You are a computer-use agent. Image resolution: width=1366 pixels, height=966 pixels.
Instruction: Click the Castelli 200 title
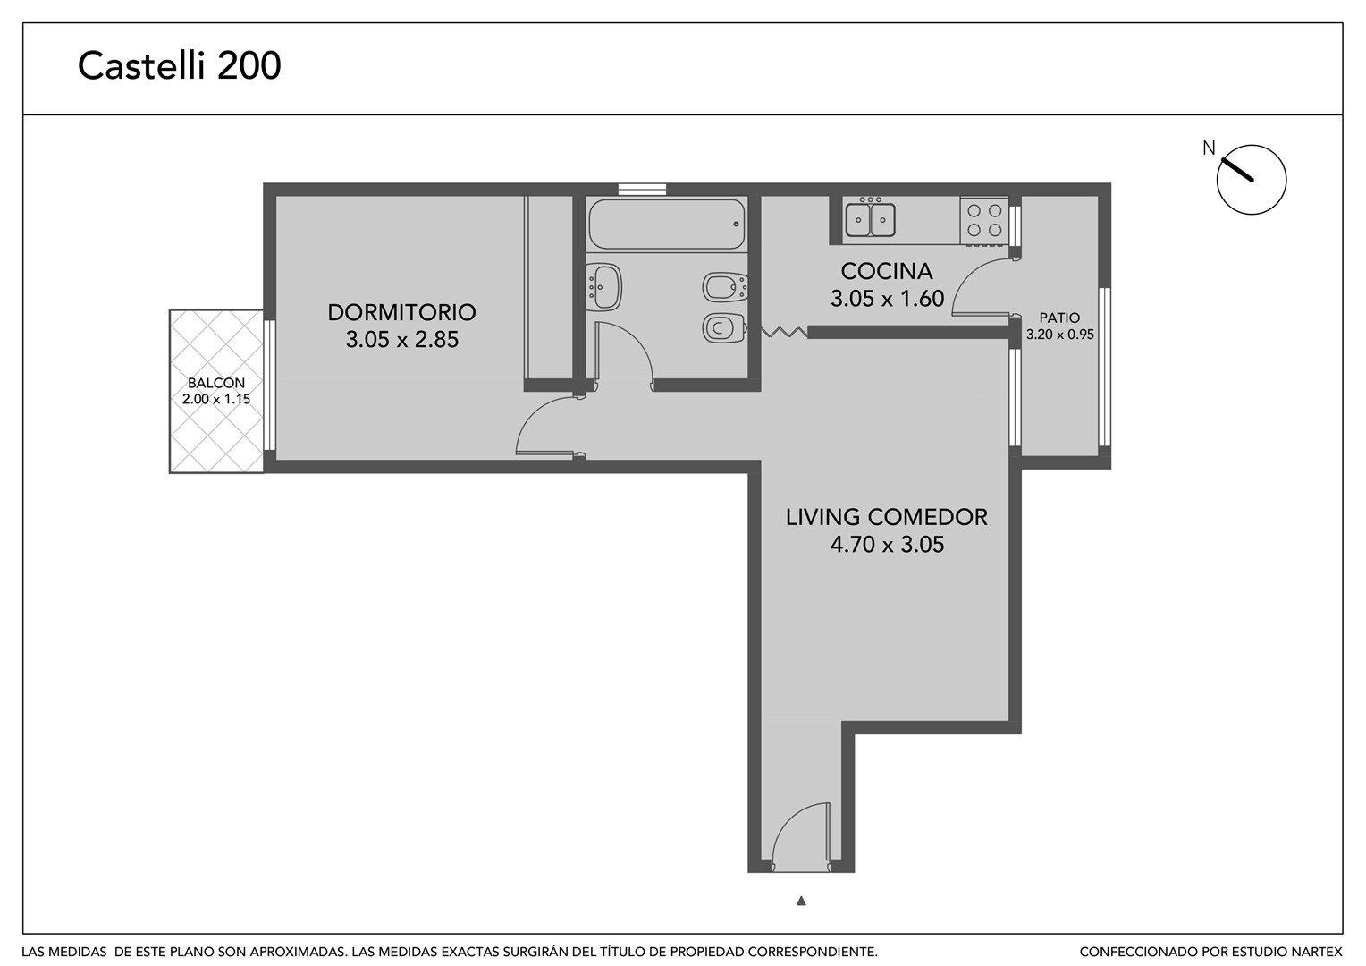[x=180, y=65]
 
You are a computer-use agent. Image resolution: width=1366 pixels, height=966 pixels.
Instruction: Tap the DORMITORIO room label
[x=401, y=312]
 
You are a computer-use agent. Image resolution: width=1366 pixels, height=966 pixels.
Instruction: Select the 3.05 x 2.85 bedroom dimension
[x=402, y=339]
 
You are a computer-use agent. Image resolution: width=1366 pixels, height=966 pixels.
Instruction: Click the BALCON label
[x=215, y=383]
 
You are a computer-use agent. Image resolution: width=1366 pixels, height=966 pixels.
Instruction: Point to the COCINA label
[x=887, y=271]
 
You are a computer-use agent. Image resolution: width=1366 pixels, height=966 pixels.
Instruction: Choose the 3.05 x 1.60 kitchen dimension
[x=888, y=299]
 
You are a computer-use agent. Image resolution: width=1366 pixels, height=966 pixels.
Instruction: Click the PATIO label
[x=1059, y=318]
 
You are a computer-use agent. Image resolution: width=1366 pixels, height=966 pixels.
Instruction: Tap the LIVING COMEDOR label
[x=886, y=517]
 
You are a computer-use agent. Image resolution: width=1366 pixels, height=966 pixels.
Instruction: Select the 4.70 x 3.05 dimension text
[x=888, y=544]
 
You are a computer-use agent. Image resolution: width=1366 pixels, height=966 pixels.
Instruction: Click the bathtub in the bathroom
[x=667, y=224]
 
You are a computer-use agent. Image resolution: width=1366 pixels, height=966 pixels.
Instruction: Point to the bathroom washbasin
[x=603, y=287]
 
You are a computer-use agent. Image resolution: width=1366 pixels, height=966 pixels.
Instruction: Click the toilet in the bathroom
[x=724, y=328]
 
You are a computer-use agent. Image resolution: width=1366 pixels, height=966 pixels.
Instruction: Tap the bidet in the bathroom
[x=725, y=287]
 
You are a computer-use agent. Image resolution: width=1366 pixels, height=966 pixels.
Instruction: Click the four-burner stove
[x=984, y=220]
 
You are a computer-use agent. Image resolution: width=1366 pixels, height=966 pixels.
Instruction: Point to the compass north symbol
[x=1251, y=179]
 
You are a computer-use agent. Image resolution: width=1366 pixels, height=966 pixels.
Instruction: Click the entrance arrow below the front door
[x=801, y=901]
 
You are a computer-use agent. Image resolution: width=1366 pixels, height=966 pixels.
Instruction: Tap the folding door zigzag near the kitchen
[x=784, y=332]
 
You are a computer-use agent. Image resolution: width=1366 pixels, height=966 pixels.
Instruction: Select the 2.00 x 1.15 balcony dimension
[x=215, y=399]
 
